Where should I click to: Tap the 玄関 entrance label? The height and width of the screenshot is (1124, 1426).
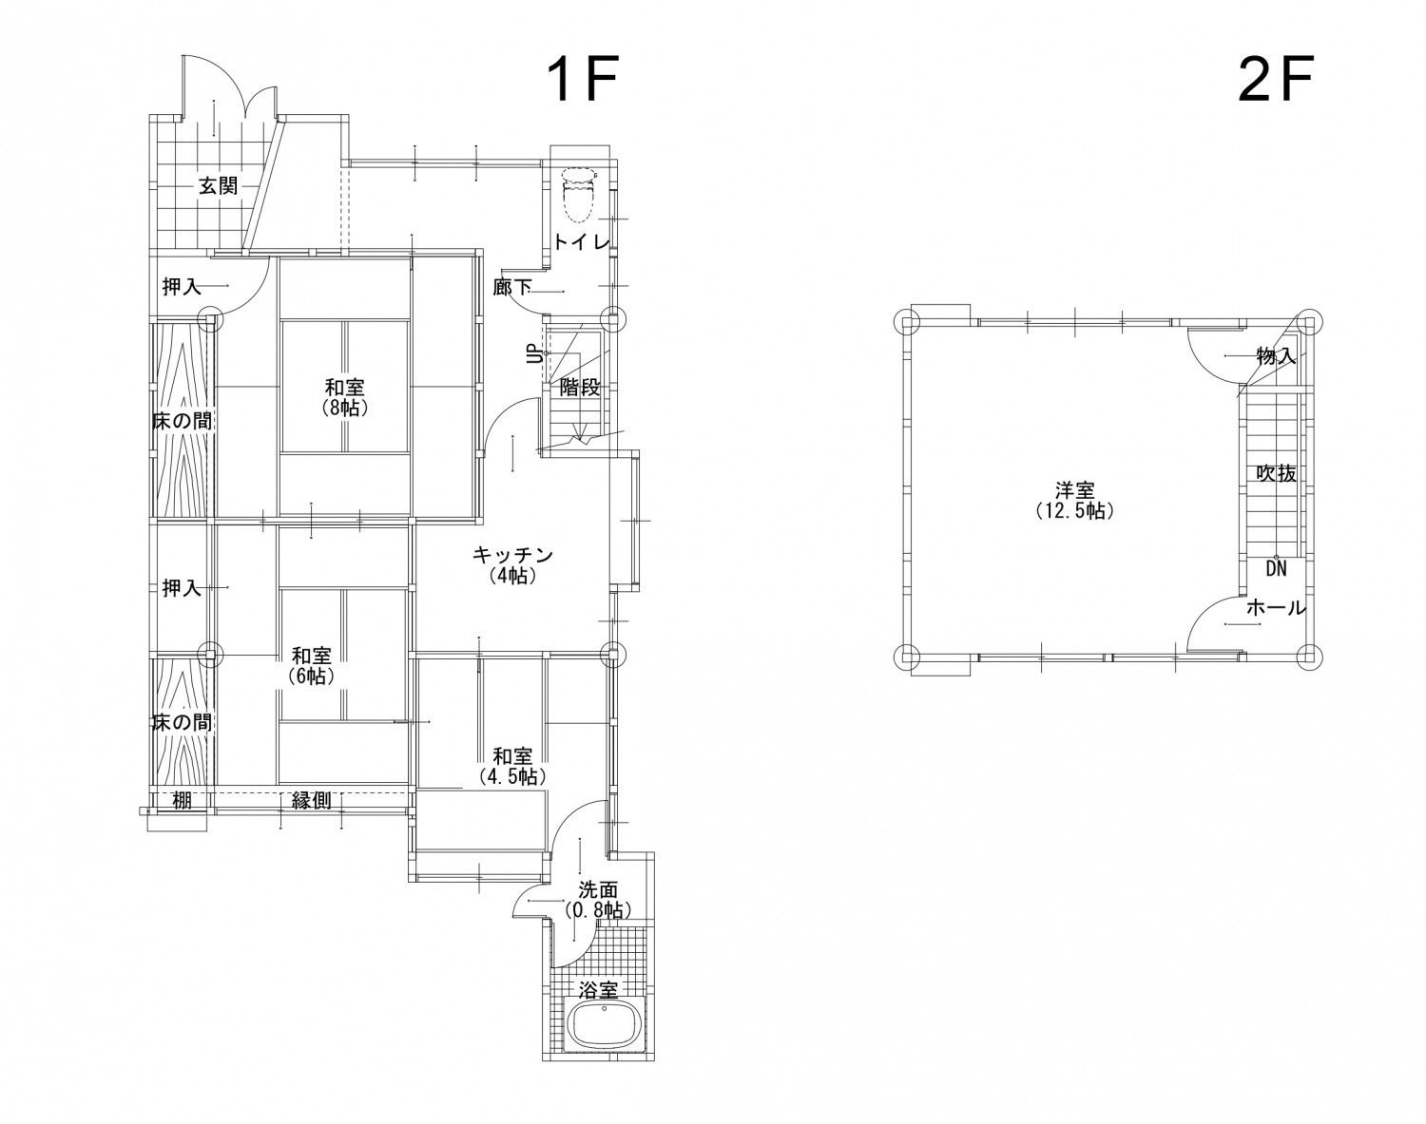point(219,185)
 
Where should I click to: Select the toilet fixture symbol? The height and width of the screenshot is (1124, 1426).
point(577,194)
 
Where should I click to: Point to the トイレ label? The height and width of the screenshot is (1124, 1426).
point(581,241)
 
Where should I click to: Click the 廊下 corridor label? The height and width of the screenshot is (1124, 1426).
point(512,288)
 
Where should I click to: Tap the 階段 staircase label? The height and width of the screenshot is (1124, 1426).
point(580,388)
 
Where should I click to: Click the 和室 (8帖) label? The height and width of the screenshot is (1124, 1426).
point(344,397)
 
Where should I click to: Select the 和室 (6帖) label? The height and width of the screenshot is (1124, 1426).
point(312,666)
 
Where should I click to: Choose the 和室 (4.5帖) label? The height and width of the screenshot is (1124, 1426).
point(512,767)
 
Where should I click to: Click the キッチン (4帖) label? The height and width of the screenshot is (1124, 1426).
point(512,565)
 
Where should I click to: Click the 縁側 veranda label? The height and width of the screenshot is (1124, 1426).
point(312,801)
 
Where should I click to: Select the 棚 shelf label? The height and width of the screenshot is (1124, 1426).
point(183,801)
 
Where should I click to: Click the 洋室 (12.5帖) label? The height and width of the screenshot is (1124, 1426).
point(1075,501)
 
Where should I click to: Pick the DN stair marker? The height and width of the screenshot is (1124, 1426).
point(1276,568)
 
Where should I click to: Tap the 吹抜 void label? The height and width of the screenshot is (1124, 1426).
point(1276,473)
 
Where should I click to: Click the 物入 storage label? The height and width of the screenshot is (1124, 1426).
point(1276,356)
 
